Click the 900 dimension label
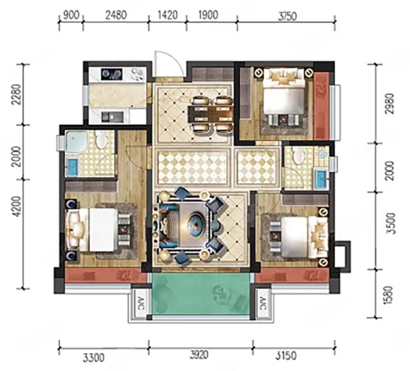point(71,15)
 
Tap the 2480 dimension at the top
point(116,15)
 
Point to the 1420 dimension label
point(168,15)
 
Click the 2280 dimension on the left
point(16,94)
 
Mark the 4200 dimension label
point(16,207)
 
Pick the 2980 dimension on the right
point(390,103)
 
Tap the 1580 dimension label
point(389,295)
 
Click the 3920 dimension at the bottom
point(199,355)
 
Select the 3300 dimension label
point(94,357)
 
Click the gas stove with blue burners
point(112,74)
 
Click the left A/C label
point(140,303)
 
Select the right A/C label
point(263,303)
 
